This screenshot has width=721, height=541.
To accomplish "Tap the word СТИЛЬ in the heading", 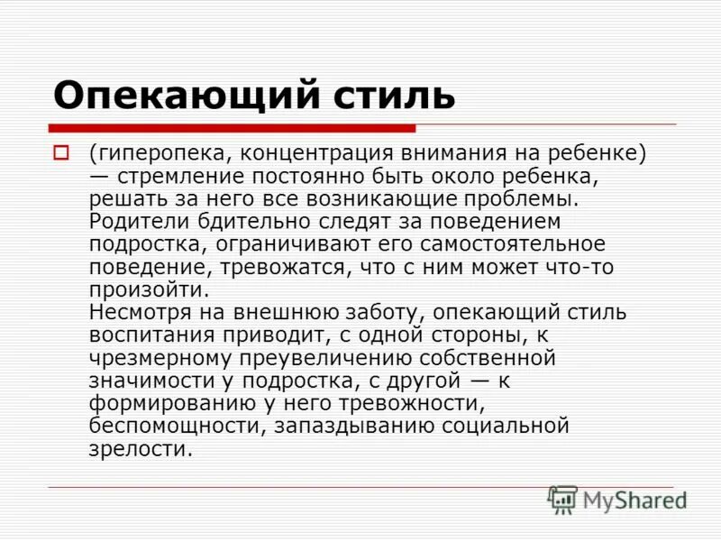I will (390, 94).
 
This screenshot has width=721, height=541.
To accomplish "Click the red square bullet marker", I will (62, 153).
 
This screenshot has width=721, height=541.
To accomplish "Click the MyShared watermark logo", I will (619, 499).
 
